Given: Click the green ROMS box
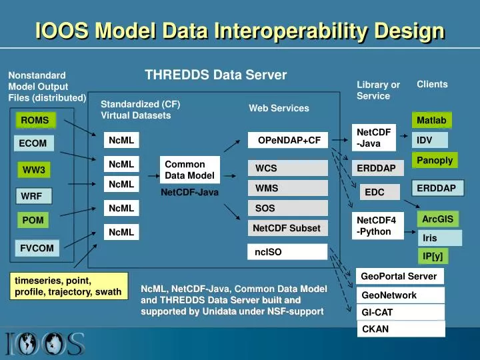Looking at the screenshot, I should pos(35,121).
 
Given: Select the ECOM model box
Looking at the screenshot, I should pos(33,143).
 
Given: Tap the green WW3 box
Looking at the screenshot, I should pos(34,170).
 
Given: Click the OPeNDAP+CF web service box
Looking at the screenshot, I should pos(288,140).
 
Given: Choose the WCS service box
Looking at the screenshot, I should pos(288,168).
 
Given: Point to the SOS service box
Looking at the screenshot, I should pos(288,208).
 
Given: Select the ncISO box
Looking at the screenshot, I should pos(288,251).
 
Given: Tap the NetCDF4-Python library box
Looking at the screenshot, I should pos(377,226).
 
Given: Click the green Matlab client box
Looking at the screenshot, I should pos(431,120).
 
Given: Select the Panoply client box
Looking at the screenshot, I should pos(435,160).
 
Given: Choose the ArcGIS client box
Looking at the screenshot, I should pos(437,219).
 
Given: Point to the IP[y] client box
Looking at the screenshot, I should pos(432,256).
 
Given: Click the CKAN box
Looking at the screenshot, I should pos(401,329).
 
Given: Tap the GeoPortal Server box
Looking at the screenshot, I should pos(400,276).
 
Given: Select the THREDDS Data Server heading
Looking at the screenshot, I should pos(215,75).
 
